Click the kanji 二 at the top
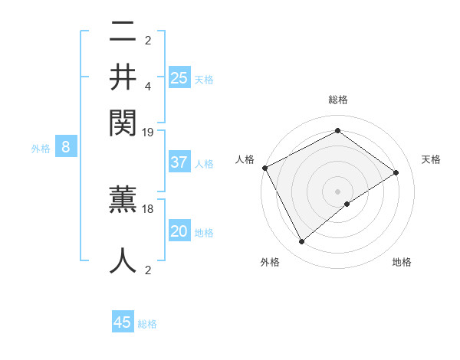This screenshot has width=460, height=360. (x=123, y=34)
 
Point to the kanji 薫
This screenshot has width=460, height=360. (x=123, y=201)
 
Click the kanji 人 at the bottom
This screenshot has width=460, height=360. (x=123, y=260)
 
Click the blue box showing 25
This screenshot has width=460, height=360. (x=179, y=77)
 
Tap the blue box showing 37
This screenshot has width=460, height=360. (x=179, y=162)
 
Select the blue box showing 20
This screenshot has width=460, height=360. (x=179, y=231)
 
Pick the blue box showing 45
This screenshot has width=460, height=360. (x=123, y=322)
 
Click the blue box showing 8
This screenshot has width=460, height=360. (x=66, y=147)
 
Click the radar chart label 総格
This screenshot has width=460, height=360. (x=337, y=100)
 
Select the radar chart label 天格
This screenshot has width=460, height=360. (x=432, y=159)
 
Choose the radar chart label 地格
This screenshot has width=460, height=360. (x=402, y=263)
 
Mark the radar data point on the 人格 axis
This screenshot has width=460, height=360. (x=264, y=167)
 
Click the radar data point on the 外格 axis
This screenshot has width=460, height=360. (x=301, y=242)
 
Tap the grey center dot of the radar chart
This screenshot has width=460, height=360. (x=337, y=191)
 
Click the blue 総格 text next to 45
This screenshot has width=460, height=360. (x=148, y=324)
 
